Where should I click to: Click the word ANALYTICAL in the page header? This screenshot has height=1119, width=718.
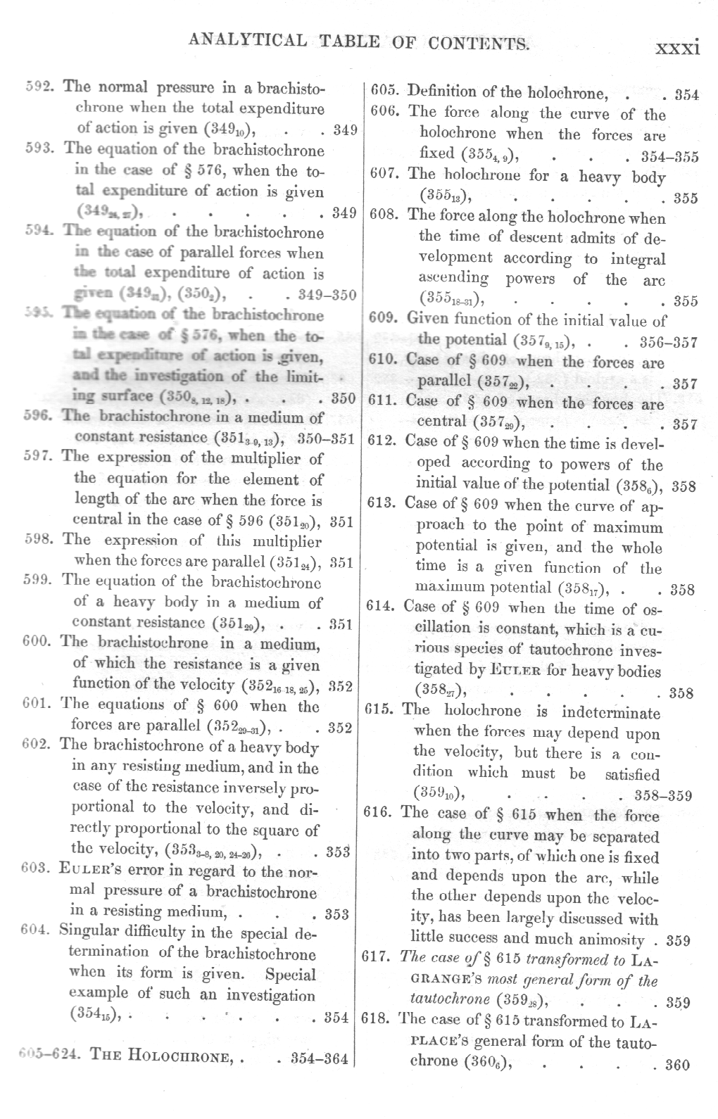(247, 41)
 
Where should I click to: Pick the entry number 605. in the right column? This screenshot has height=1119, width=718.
(385, 91)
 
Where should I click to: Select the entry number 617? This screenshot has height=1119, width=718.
(377, 959)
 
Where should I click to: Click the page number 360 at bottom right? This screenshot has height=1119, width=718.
(677, 1064)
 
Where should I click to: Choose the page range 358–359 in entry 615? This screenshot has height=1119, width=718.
(662, 796)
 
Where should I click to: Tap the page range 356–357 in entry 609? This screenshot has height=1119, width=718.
(669, 342)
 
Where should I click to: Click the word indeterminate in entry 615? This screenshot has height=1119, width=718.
(610, 712)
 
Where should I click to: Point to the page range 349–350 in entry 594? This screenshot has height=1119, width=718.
(327, 294)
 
